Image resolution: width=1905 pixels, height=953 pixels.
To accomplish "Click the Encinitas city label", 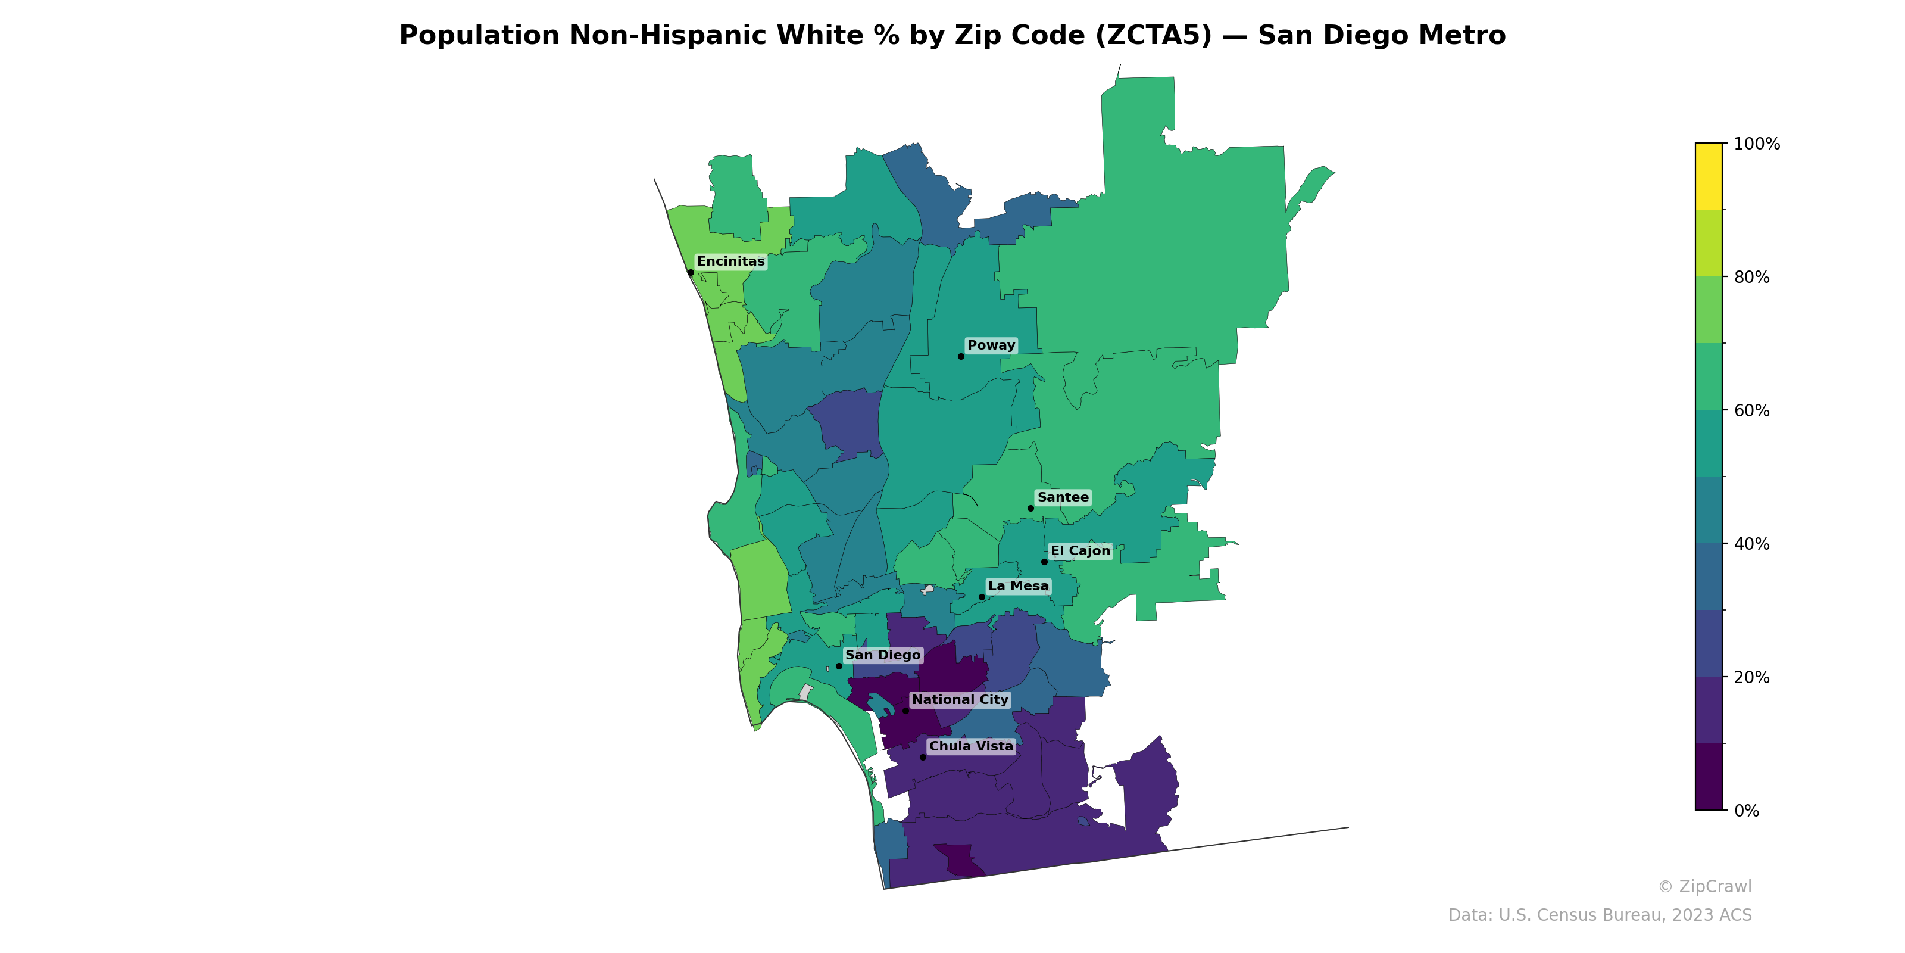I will pyautogui.click(x=730, y=262).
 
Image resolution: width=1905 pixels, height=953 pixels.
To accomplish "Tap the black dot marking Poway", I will pyautogui.click(x=961, y=357).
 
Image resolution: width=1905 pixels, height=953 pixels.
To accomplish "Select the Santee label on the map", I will pyautogui.click(x=1063, y=497).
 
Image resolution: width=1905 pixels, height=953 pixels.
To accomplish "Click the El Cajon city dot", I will pyautogui.click(x=1044, y=562).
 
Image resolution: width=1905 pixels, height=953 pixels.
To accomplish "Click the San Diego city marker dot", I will pyautogui.click(x=839, y=666).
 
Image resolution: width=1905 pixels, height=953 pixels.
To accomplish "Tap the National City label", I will pyautogui.click(x=960, y=700).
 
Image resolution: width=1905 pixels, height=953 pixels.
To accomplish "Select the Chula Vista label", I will pyautogui.click(x=970, y=746).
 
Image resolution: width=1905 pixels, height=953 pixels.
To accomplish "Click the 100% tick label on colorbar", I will pyautogui.click(x=1756, y=144).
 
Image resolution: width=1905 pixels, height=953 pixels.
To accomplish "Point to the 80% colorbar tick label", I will pyautogui.click(x=1751, y=278).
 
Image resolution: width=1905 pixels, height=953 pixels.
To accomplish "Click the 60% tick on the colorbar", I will pyautogui.click(x=1751, y=410).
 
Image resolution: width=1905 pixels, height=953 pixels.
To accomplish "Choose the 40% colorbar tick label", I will pyautogui.click(x=1751, y=544).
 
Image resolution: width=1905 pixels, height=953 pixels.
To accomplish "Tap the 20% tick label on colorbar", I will pyautogui.click(x=1751, y=677).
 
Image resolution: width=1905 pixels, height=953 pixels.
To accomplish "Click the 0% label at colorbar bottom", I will pyautogui.click(x=1747, y=811).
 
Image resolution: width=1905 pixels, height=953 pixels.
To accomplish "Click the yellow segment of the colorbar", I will pyautogui.click(x=1709, y=176).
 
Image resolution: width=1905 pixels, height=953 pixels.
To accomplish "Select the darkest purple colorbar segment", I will pyautogui.click(x=1709, y=777).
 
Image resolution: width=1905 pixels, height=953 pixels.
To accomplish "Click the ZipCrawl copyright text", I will pyautogui.click(x=1704, y=886).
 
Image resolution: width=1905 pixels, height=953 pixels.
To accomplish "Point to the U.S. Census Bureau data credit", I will pyautogui.click(x=1600, y=915).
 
